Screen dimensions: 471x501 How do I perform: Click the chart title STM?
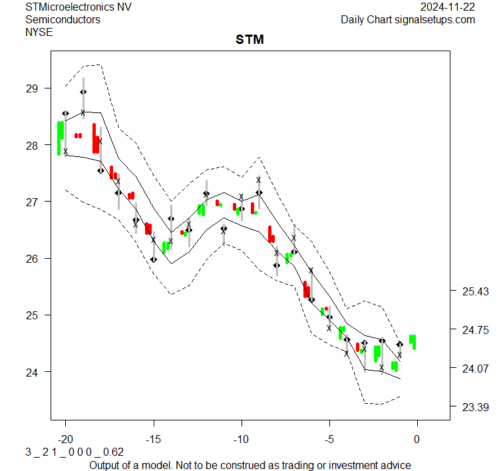[x=250, y=40]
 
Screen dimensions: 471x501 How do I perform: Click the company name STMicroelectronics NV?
[x=78, y=7]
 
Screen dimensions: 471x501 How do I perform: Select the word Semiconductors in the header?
[x=63, y=19]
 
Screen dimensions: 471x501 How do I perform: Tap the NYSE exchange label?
[x=39, y=31]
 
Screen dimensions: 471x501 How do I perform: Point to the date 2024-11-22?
[x=448, y=7]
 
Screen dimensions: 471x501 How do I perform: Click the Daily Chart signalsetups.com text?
[x=408, y=19]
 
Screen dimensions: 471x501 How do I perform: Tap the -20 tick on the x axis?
[x=66, y=439]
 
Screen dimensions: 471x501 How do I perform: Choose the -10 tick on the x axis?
[x=242, y=439]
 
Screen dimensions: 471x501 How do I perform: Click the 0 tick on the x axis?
[x=417, y=439]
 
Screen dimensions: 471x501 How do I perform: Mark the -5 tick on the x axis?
[x=329, y=439]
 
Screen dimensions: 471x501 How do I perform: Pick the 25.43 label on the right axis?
[x=476, y=291]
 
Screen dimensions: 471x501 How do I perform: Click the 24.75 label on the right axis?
[x=476, y=330]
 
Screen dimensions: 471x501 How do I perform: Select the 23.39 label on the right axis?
[x=476, y=406]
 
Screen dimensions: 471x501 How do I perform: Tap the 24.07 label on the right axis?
[x=476, y=368]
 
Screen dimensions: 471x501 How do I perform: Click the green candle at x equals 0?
[x=413, y=341]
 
